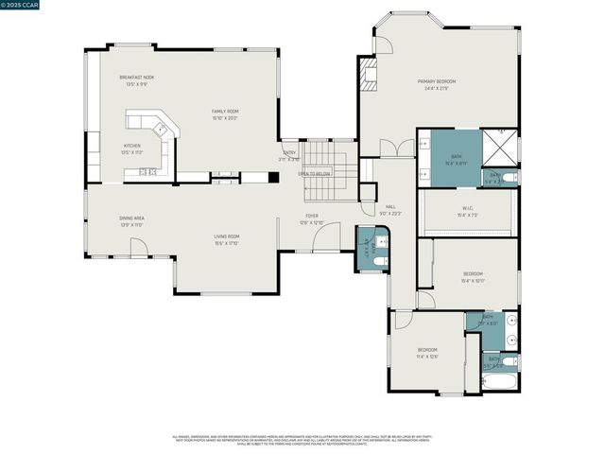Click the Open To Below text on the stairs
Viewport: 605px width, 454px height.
(314, 174)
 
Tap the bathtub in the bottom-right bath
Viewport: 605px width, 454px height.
(498, 381)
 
